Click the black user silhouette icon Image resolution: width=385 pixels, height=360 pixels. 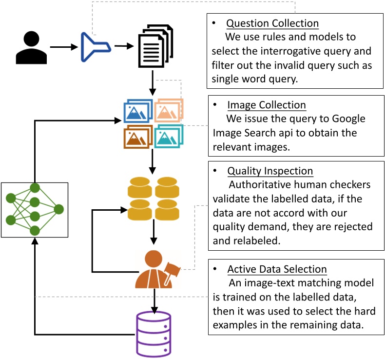pyautogui.click(x=32, y=47)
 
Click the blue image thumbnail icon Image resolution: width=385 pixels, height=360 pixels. pyautogui.click(x=138, y=111)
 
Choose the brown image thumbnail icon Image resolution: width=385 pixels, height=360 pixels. pyautogui.click(x=137, y=136)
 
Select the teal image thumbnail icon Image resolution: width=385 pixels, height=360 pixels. pyautogui.click(x=169, y=136)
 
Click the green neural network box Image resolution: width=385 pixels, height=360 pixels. pyautogui.click(x=34, y=209)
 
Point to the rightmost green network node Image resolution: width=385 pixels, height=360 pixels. pyautogui.click(x=59, y=209)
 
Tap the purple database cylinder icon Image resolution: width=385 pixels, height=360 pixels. pyautogui.click(x=154, y=334)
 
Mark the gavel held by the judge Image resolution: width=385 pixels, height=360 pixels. pyautogui.click(x=173, y=267)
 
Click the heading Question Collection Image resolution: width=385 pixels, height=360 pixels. pyautogui.click(x=272, y=23)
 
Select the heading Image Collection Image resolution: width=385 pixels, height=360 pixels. pyautogui.click(x=266, y=105)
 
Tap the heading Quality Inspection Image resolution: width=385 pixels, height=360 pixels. pyautogui.click(x=270, y=171)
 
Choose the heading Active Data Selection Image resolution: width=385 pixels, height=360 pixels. pyautogui.click(x=277, y=269)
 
